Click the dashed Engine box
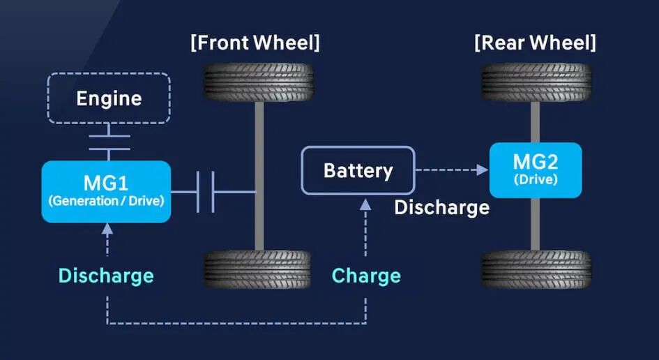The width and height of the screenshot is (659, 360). (108, 98)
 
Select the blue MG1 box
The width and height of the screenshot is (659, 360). (106, 192)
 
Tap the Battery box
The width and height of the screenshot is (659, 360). (358, 170)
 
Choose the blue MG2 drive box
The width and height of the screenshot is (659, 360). (535, 170)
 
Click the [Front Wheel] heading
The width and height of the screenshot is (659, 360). (255, 43)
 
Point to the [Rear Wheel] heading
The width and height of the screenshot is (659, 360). (535, 43)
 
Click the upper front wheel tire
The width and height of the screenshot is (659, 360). (258, 83)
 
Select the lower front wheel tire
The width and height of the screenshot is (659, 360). (258, 270)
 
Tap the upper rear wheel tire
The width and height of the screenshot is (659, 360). (536, 83)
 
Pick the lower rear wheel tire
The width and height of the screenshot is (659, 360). (536, 270)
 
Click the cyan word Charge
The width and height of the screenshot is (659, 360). (366, 276)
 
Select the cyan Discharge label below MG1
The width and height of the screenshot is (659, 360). (106, 276)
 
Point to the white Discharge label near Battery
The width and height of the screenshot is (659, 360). (441, 207)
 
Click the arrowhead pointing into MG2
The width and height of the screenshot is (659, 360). (481, 170)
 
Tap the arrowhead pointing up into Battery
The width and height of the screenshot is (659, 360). (365, 203)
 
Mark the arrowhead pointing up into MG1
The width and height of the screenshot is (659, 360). (107, 227)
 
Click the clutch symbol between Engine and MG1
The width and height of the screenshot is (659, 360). (108, 142)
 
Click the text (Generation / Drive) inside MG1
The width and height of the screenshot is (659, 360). (106, 202)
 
